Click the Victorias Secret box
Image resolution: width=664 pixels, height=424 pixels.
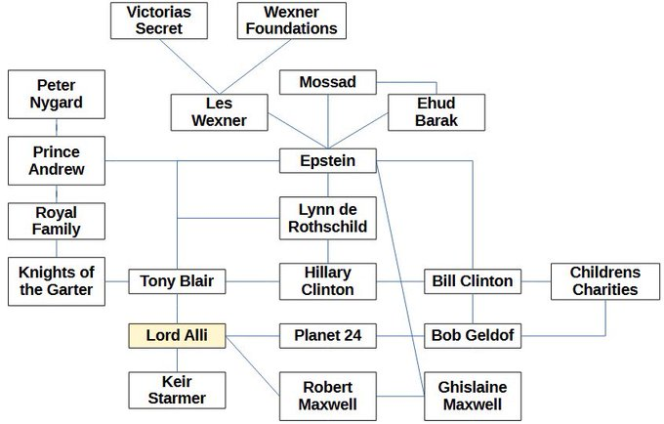159,21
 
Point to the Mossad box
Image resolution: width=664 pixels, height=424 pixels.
327,82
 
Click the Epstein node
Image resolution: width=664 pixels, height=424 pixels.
327,160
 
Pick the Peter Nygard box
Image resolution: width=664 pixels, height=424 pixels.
56,95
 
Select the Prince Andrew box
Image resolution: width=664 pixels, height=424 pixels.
56,160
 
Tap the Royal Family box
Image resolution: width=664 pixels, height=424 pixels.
56,221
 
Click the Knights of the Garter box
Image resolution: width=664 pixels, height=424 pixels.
56,281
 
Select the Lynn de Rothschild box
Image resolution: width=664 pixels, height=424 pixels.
327,218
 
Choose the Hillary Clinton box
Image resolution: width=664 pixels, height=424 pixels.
327,281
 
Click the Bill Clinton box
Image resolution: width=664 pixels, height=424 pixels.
473,281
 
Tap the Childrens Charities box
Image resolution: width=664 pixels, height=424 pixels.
604,281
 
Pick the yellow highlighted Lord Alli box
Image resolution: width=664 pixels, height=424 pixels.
177,336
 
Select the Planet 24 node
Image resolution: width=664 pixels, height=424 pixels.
327,336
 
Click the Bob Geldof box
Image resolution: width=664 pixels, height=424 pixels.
473,336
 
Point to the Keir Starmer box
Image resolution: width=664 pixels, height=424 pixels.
177,390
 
